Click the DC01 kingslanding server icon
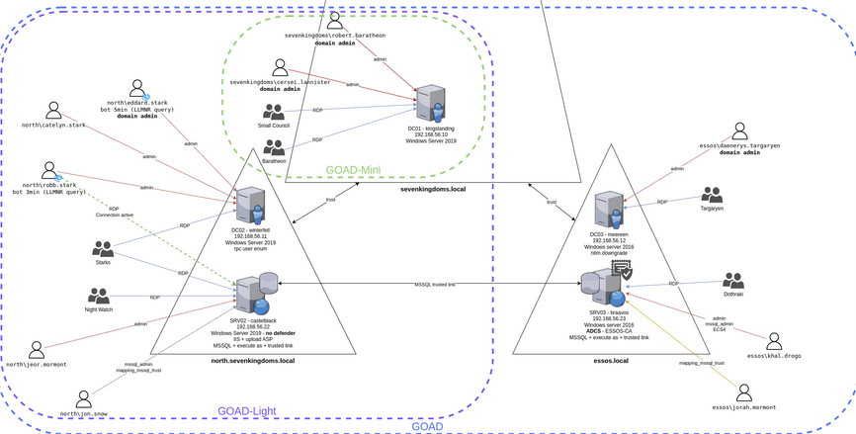[x=430, y=104]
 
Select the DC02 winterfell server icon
[x=250, y=206]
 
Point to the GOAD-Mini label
[x=353, y=170]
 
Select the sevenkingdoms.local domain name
[x=433, y=188]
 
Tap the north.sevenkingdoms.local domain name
[x=253, y=361]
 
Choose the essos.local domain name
[x=607, y=361]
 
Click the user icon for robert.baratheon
[x=336, y=21]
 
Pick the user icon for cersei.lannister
[x=281, y=67]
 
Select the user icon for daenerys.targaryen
[x=739, y=131]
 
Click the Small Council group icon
[x=274, y=113]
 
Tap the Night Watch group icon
[x=99, y=296]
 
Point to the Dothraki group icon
[x=732, y=281]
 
